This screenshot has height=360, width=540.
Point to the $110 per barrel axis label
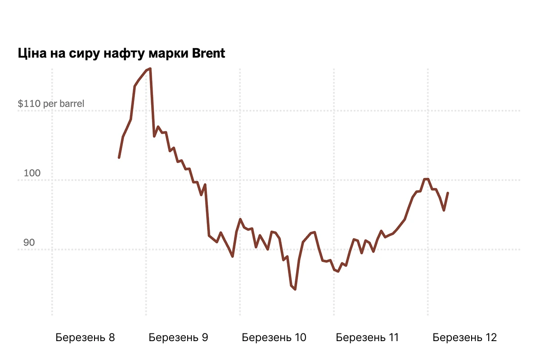[51, 104]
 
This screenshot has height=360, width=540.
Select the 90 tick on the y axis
[29, 243]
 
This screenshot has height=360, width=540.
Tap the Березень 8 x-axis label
[85, 337]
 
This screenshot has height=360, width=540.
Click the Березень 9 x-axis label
[178, 337]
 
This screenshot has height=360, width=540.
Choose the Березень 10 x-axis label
[274, 337]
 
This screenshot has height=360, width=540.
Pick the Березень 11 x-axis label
[367, 337]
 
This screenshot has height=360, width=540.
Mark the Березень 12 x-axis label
[464, 337]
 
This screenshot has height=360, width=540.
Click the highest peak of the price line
[150, 69]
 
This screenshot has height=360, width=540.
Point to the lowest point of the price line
[295, 289]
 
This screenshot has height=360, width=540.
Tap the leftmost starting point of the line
[119, 157]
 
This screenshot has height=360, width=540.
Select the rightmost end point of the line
[448, 193]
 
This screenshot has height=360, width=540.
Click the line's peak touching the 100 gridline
[426, 179]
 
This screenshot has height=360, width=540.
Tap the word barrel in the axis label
[71, 104]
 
